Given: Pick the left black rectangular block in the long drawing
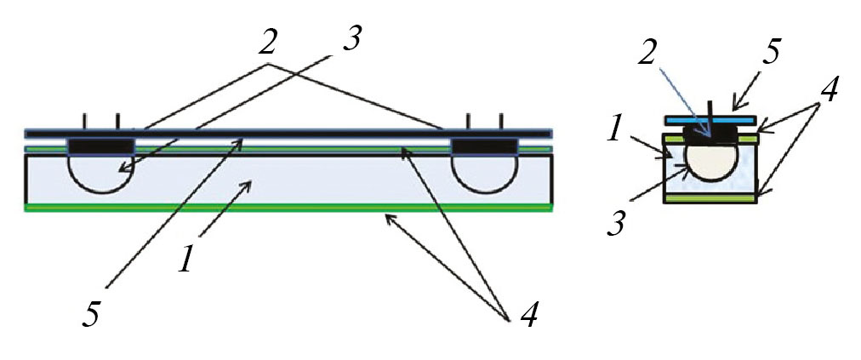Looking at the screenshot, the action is pyautogui.click(x=100, y=146).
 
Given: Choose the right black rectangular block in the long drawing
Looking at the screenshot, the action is pyautogui.click(x=484, y=146).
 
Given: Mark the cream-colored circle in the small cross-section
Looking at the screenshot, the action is pyautogui.click(x=712, y=163).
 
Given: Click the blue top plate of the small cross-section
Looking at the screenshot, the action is pyautogui.click(x=710, y=119).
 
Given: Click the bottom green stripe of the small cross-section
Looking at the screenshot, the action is pyautogui.click(x=711, y=197).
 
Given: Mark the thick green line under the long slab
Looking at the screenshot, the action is pyautogui.click(x=288, y=208).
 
